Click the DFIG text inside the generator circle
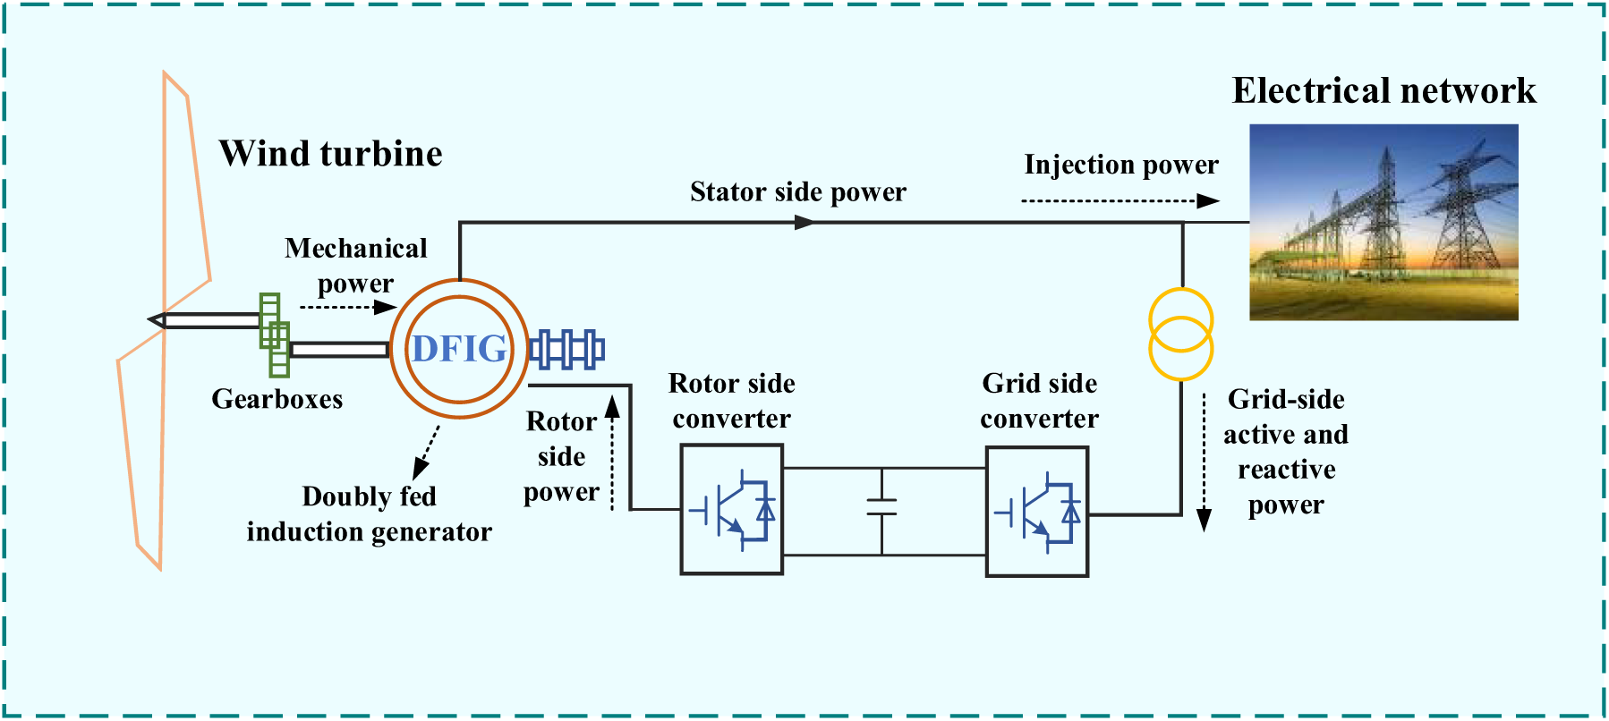pyautogui.click(x=459, y=349)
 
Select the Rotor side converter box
pyautogui.click(x=731, y=509)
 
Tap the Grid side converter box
pyautogui.click(x=1036, y=512)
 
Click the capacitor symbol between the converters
pyautogui.click(x=881, y=507)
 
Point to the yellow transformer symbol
pyautogui.click(x=1180, y=334)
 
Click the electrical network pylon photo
pyautogui.click(x=1383, y=222)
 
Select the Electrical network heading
pyautogui.click(x=1383, y=90)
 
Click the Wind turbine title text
pyautogui.click(x=330, y=154)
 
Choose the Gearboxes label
pyautogui.click(x=277, y=399)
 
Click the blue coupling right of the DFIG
pyautogui.click(x=566, y=349)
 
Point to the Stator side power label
pyautogui.click(x=797, y=191)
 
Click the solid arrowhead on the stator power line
pyautogui.click(x=804, y=222)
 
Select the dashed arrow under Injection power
pyautogui.click(x=1119, y=201)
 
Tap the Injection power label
pyautogui.click(x=1120, y=165)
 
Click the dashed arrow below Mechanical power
pyautogui.click(x=347, y=307)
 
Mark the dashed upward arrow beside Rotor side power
pyautogui.click(x=613, y=453)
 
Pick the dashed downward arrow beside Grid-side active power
pyautogui.click(x=1205, y=462)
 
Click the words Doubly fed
pyautogui.click(x=369, y=496)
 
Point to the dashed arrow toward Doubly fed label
pyautogui.click(x=427, y=453)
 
